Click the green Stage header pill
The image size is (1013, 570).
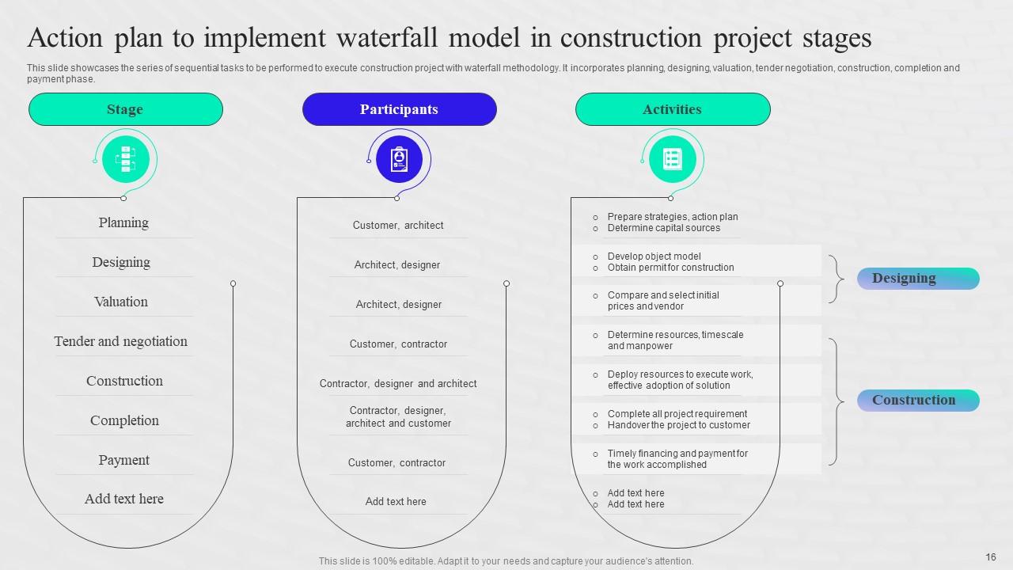125,109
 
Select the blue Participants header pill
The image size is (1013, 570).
399,109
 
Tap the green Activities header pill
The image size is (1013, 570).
672,109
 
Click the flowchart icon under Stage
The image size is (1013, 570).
125,159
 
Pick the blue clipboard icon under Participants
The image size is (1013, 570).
399,159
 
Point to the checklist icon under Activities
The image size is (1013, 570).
672,159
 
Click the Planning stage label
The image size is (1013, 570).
123,222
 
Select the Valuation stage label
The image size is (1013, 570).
121,302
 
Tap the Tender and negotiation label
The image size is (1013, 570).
121,341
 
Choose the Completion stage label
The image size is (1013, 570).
124,420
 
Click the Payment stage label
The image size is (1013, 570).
123,460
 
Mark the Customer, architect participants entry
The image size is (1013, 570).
398,226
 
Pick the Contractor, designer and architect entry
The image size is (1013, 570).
398,384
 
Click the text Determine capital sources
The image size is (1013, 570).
663,228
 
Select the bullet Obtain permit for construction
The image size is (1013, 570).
670,268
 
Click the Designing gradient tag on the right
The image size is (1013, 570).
918,279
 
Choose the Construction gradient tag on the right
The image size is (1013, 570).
918,401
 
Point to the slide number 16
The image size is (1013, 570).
991,557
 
